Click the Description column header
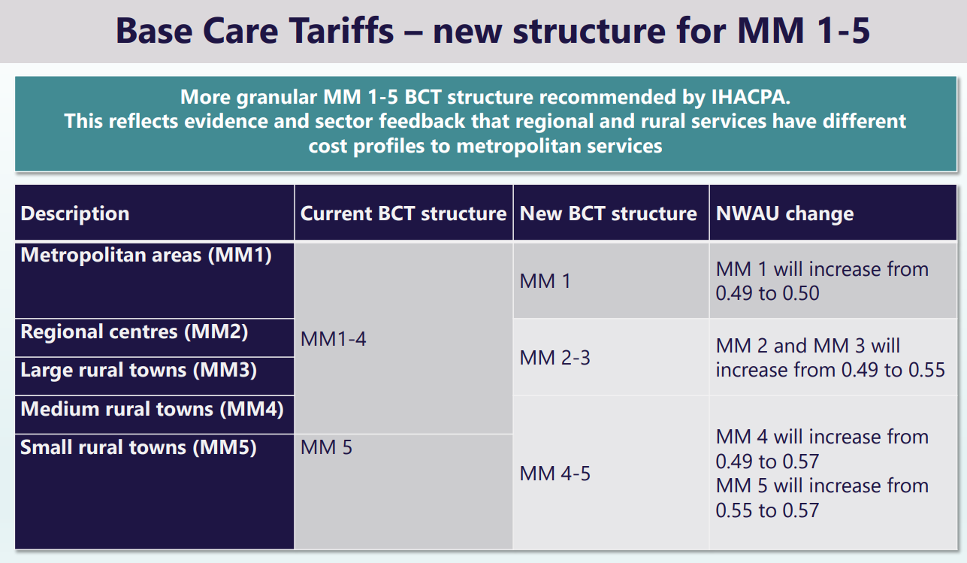click(75, 213)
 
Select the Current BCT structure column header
click(403, 213)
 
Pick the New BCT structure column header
click(609, 213)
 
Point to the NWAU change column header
click(784, 213)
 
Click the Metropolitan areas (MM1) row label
click(146, 255)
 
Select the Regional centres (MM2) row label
click(134, 331)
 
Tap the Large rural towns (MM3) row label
click(138, 370)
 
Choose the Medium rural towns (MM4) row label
click(152, 409)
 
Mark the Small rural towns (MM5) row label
click(138, 447)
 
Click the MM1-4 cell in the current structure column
click(334, 339)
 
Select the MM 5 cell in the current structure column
click(326, 448)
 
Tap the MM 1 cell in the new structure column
click(545, 281)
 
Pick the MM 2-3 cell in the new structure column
click(555, 358)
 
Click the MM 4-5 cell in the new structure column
click(555, 474)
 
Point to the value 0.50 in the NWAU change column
click(798, 293)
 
